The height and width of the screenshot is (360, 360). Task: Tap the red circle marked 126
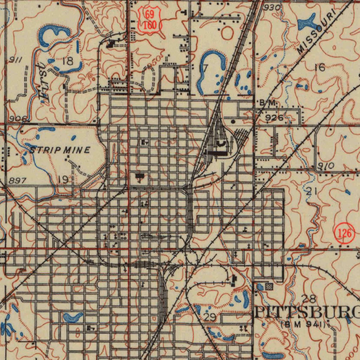343,232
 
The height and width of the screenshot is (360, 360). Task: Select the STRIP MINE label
60,150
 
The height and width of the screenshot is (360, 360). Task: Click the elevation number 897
17,181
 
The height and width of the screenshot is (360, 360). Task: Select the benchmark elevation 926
275,118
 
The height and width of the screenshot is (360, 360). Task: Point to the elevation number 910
326,166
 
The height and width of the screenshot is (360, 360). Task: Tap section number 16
320,67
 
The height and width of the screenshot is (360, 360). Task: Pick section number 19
63,180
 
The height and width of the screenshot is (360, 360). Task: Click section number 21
309,192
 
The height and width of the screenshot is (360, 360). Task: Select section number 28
309,299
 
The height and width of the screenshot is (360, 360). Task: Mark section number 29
210,317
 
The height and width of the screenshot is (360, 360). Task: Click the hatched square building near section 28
269,287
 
